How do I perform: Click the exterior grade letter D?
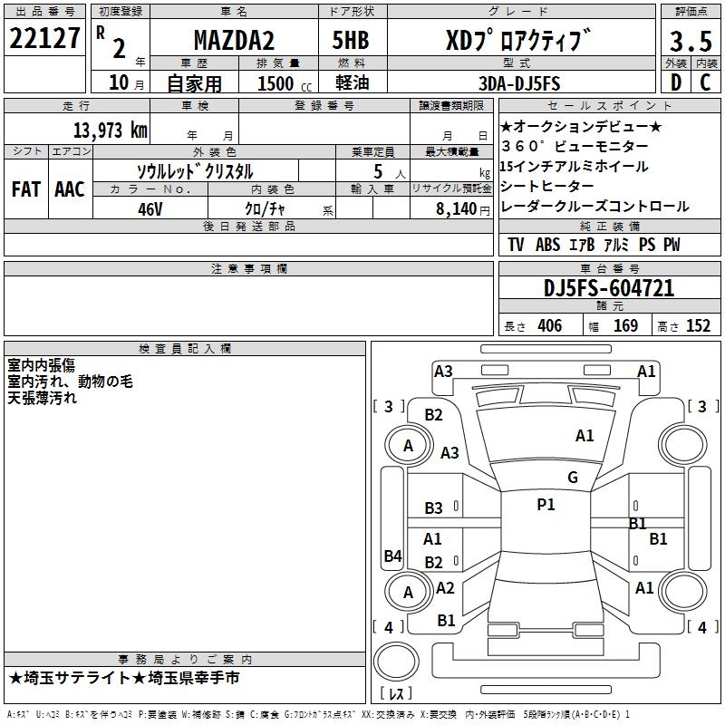click(x=675, y=82)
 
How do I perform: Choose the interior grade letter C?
click(x=706, y=82)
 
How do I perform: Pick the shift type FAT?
click(x=25, y=188)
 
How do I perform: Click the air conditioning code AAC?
click(x=69, y=188)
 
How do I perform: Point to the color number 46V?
click(x=150, y=208)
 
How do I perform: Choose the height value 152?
click(x=698, y=326)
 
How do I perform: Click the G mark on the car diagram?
click(x=572, y=478)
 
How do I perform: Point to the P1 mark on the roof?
click(x=546, y=505)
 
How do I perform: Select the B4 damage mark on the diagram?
click(x=392, y=556)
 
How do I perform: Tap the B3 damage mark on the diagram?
click(x=434, y=508)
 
